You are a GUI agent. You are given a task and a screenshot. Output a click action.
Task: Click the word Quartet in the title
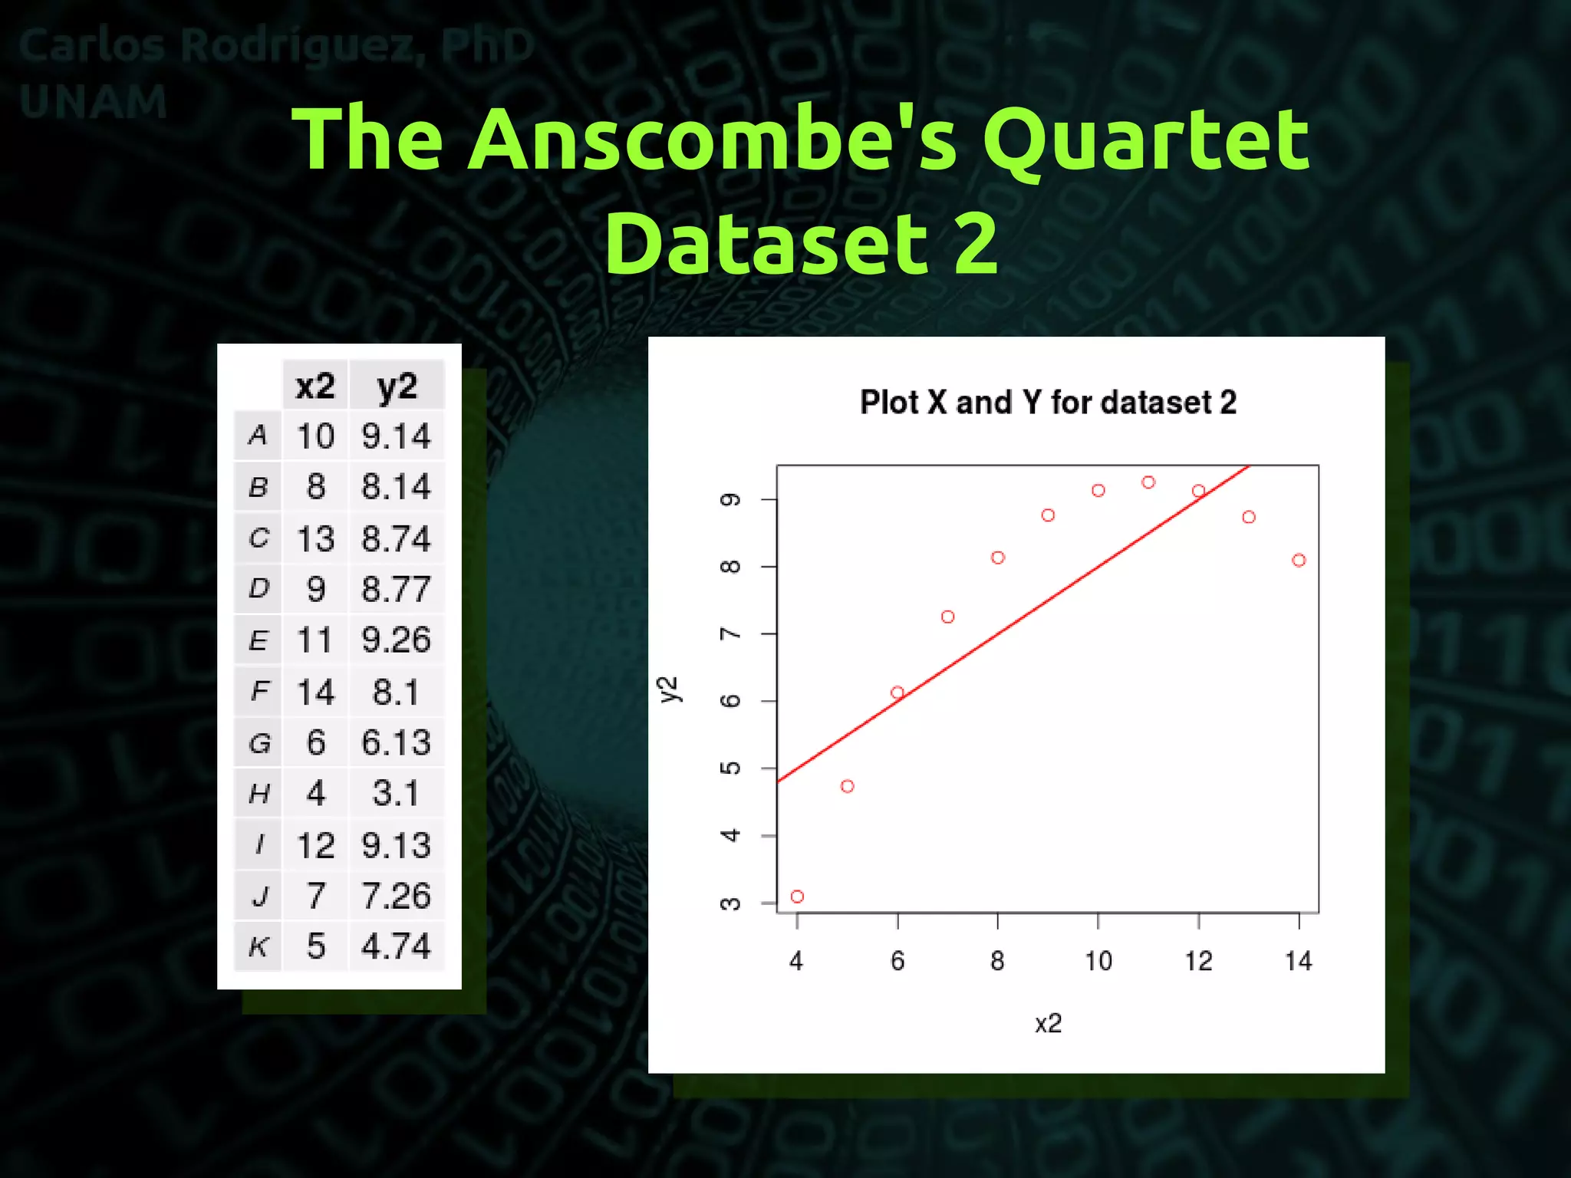[x=1146, y=140]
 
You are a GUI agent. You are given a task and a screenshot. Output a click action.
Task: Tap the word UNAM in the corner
[x=93, y=102]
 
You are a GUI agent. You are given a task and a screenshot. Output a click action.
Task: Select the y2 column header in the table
[x=397, y=386]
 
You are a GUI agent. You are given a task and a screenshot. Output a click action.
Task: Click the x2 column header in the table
[x=315, y=386]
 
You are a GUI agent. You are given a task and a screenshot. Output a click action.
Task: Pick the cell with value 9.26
[x=396, y=640]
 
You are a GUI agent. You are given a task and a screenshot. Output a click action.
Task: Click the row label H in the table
[x=259, y=794]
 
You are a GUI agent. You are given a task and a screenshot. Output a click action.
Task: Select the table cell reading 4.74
[x=396, y=946]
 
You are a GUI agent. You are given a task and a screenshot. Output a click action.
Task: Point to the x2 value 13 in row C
[x=315, y=538]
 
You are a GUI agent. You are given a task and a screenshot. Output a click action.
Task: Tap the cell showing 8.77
[x=396, y=589]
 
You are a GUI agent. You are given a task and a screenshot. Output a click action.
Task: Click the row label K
[x=259, y=947]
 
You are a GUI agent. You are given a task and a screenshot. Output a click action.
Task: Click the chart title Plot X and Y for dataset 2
[x=1048, y=403]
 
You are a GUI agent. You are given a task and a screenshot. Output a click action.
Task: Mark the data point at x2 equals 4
[x=797, y=897]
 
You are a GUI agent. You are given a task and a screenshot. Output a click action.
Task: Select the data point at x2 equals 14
[x=1299, y=561]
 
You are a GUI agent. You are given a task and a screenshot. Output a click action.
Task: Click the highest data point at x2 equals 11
[x=1148, y=482]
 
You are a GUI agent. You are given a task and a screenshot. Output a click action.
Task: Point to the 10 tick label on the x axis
[x=1098, y=961]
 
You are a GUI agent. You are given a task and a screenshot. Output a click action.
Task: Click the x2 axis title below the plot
[x=1048, y=1024]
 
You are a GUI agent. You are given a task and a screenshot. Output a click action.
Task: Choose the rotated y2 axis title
[x=669, y=689]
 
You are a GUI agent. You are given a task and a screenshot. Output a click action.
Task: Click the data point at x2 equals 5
[x=847, y=786]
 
